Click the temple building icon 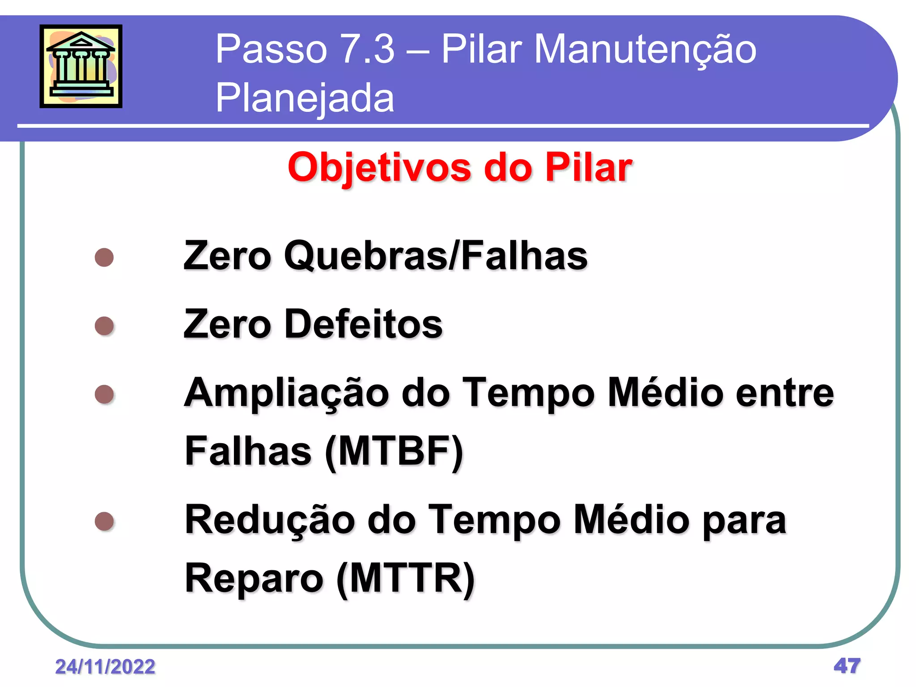coord(81,66)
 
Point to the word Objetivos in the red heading coord(379,168)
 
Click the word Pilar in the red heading coord(588,168)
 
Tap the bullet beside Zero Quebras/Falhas coord(104,258)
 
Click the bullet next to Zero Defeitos coord(104,326)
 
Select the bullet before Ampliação coord(104,394)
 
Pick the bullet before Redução coord(104,521)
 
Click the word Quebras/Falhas coord(436,256)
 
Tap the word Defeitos coord(363,324)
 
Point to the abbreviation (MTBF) coord(394,452)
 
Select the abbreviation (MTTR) coord(405,579)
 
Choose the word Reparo coord(254,579)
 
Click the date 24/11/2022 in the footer coord(105,667)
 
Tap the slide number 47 coord(847,666)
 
